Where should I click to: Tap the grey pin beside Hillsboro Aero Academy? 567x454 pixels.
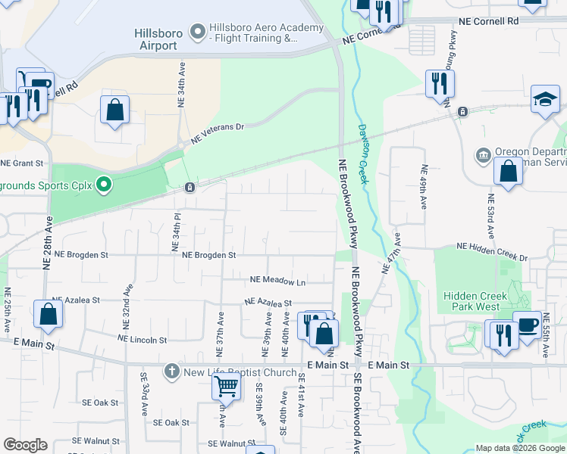click(x=199, y=31)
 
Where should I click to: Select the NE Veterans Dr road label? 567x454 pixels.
click(x=218, y=133)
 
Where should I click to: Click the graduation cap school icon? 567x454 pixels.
click(x=545, y=100)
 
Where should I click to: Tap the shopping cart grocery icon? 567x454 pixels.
click(x=226, y=386)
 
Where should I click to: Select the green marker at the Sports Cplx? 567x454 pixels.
click(x=107, y=184)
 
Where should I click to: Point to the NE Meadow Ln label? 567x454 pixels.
click(x=277, y=282)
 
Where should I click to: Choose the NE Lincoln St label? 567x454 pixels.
click(x=142, y=337)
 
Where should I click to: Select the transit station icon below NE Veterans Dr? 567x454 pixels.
click(x=190, y=188)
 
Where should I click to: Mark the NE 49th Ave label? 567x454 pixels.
click(x=424, y=185)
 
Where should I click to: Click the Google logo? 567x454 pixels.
click(x=25, y=445)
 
